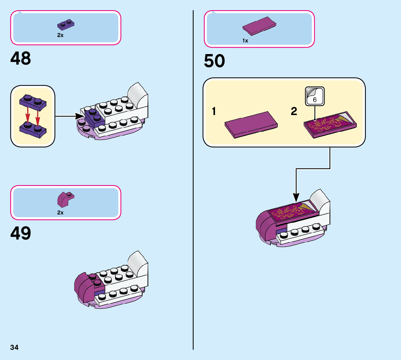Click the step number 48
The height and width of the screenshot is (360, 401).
[21, 58]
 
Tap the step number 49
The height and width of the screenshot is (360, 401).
[21, 233]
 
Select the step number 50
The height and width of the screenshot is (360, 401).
[214, 61]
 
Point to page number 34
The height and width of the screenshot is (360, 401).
[15, 348]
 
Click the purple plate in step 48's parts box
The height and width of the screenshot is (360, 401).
[66, 24]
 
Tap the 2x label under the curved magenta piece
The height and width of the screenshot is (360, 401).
[60, 213]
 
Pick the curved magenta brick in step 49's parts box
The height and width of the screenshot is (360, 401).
[65, 198]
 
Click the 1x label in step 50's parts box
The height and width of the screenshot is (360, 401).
[245, 41]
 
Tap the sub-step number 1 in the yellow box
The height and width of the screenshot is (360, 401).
[214, 111]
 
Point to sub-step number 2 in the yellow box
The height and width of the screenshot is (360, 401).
[294, 111]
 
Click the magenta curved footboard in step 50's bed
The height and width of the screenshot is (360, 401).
[265, 224]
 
